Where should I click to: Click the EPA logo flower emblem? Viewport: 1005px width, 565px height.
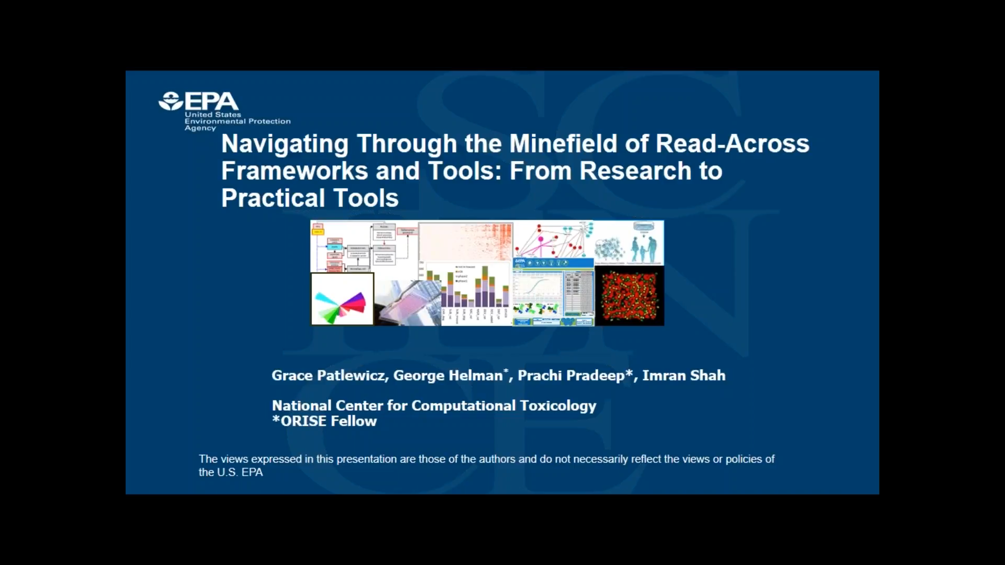tap(171, 101)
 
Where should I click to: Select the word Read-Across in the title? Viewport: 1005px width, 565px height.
tap(732, 144)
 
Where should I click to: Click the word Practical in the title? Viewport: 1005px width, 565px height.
tap(273, 198)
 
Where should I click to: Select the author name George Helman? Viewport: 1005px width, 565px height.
tap(448, 376)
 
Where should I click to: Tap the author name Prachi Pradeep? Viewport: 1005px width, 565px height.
tap(571, 376)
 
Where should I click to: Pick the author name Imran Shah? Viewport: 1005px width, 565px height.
tap(684, 376)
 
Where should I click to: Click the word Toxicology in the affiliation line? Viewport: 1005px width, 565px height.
tap(558, 406)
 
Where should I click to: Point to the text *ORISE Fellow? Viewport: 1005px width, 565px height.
tap(324, 421)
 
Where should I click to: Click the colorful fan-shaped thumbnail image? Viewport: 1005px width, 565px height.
tap(342, 299)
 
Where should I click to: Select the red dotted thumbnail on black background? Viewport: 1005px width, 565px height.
tap(629, 296)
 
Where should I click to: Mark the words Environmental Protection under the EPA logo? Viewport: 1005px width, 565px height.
tap(237, 121)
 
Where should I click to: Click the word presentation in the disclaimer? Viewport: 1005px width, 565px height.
tap(366, 459)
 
